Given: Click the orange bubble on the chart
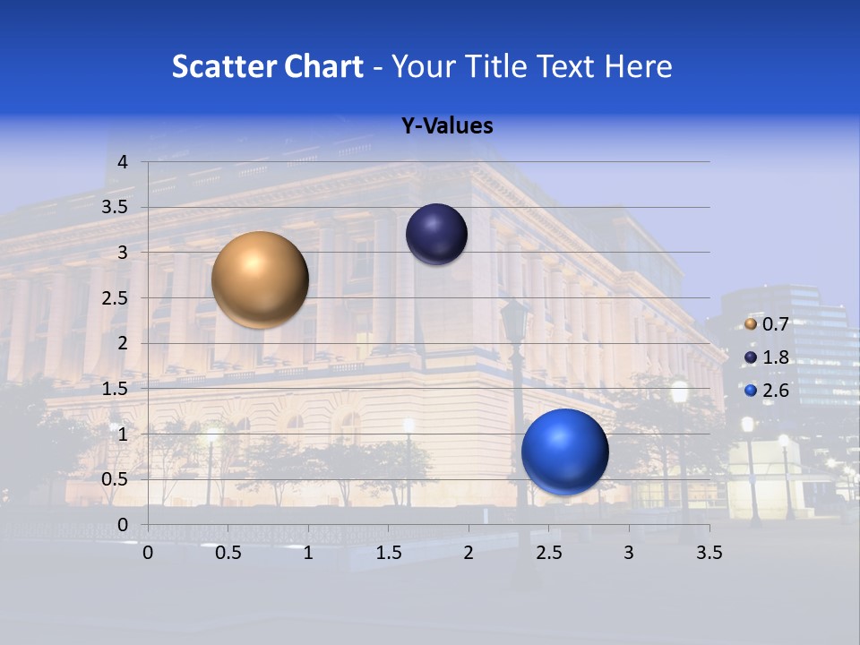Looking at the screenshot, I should (x=260, y=279).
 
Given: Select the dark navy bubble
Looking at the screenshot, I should (x=436, y=235).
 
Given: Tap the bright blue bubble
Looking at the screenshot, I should (x=564, y=451).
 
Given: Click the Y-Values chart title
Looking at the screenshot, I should (x=447, y=126).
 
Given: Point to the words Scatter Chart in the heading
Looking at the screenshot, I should (x=268, y=66).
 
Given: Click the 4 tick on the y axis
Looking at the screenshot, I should (x=124, y=162).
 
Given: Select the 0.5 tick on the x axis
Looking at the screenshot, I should (x=228, y=553).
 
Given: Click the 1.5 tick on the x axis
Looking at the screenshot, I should (x=389, y=553).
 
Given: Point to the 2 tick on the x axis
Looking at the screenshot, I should (x=469, y=553).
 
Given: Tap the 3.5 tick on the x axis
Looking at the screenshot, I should (x=709, y=553).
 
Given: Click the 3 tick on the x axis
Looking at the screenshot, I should (x=629, y=553).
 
